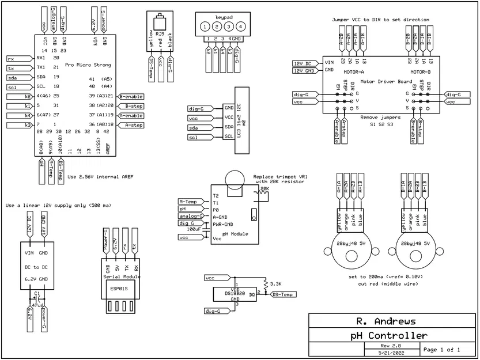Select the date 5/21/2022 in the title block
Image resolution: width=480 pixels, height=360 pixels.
tap(390, 351)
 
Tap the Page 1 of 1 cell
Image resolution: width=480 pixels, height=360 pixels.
tap(441, 349)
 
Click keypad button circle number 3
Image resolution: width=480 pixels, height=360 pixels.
tap(228, 26)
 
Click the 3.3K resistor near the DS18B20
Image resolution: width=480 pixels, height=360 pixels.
tap(264, 285)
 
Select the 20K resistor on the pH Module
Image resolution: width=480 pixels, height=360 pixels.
tap(264, 194)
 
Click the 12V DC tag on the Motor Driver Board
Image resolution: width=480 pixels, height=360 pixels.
tap(304, 63)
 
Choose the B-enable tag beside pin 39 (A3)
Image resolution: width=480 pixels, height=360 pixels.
tap(131, 97)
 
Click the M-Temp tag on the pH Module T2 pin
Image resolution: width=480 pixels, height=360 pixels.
tap(190, 201)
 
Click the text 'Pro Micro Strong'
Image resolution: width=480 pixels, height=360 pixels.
tap(88, 65)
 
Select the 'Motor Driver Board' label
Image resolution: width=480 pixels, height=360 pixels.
tap(381, 82)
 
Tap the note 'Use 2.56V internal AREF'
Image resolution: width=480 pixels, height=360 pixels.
tap(100, 176)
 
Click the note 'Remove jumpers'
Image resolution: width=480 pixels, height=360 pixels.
tap(381, 117)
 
